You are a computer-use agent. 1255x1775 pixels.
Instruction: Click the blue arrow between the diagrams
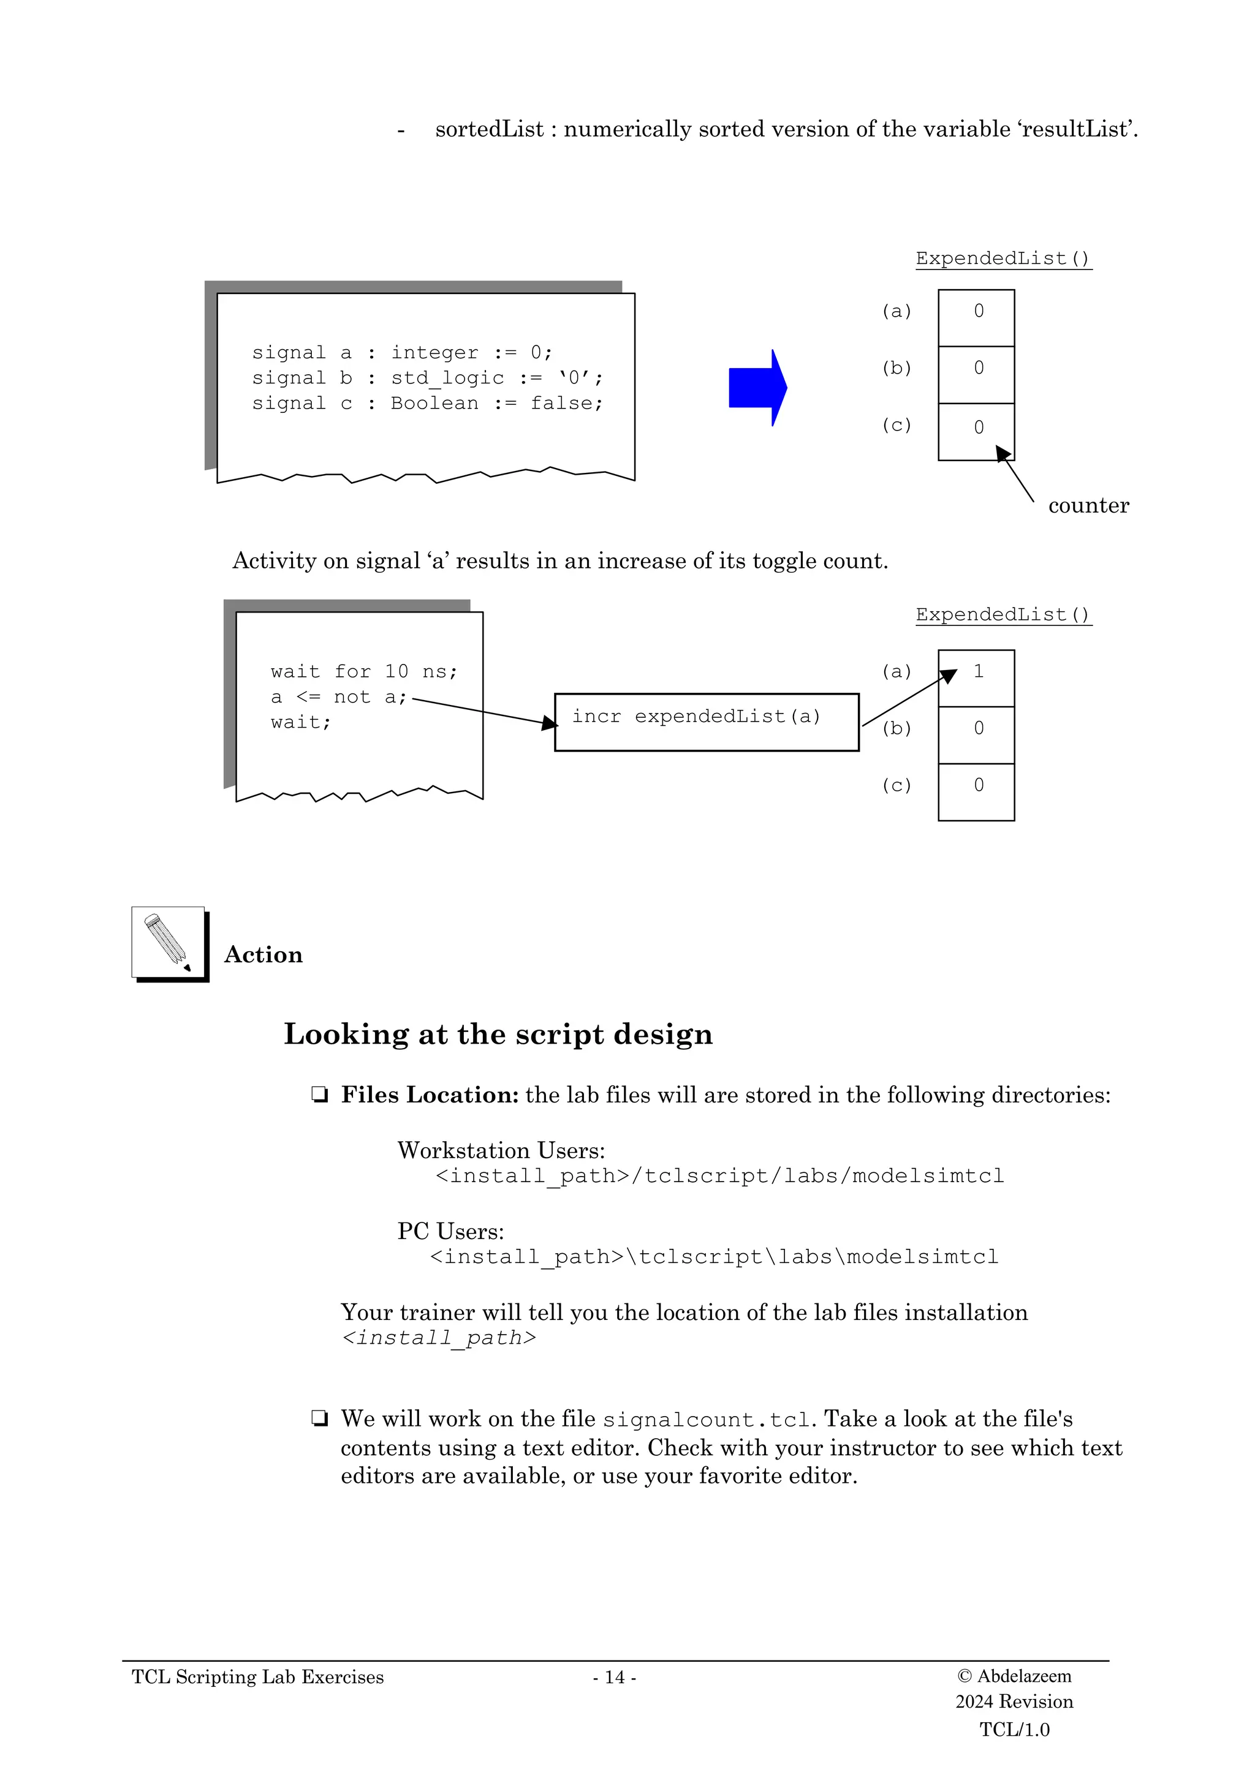756,387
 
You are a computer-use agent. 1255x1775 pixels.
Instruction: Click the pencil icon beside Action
169,943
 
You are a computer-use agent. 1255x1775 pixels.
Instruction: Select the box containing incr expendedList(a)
706,722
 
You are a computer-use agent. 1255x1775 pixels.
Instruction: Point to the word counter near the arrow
1088,505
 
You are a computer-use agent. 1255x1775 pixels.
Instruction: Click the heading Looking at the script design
498,1034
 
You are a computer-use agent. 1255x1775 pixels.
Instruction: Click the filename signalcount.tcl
706,1419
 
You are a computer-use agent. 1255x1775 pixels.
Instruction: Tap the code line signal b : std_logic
427,378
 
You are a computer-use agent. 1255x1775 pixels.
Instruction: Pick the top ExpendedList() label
1003,258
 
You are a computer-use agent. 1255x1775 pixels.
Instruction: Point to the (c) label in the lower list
896,785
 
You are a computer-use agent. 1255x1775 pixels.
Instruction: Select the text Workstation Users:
501,1150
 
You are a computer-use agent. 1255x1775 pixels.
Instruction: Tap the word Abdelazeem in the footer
1024,1675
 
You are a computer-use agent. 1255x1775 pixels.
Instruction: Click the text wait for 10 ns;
364,672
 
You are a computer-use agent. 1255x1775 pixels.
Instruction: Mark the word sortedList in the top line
490,129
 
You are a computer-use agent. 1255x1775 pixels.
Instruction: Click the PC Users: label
450,1230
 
